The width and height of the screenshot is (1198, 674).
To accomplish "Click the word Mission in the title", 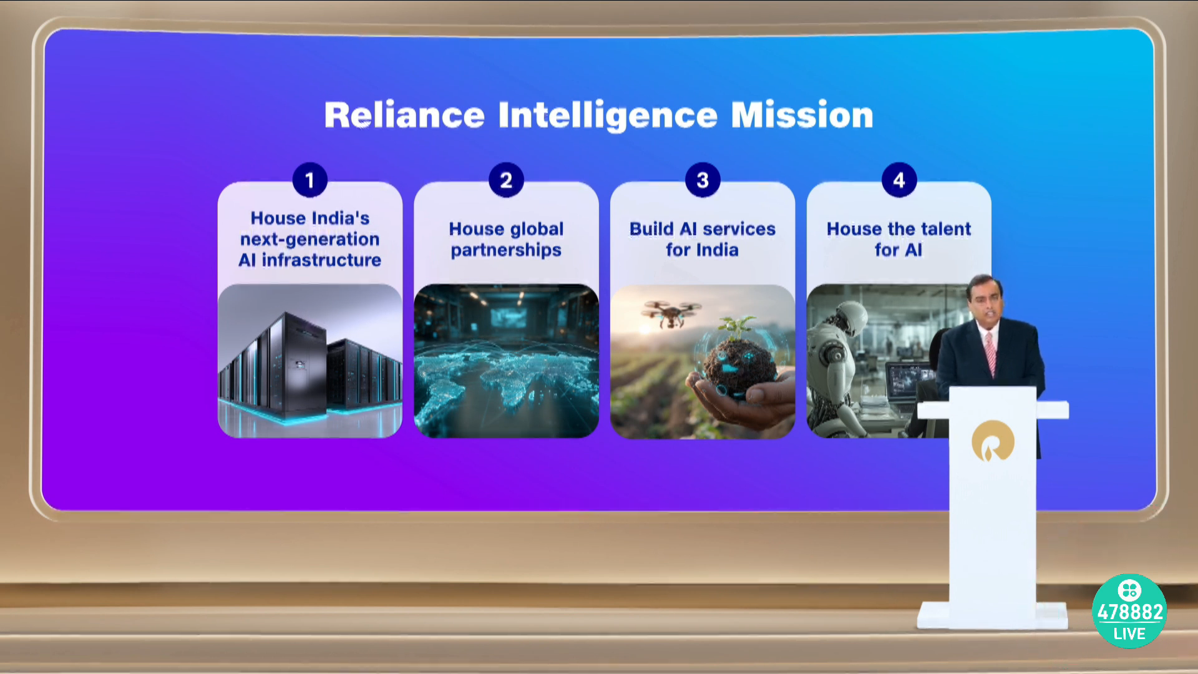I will click(x=802, y=115).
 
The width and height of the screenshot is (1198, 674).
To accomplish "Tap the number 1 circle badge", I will click(x=310, y=180).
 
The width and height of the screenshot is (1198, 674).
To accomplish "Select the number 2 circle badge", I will click(x=506, y=180).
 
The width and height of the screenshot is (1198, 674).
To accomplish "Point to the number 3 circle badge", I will click(x=703, y=180).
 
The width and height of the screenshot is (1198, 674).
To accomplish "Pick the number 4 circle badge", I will click(x=898, y=180).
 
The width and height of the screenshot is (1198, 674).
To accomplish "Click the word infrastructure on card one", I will click(x=321, y=260).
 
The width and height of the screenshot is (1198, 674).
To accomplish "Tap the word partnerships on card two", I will click(x=506, y=250).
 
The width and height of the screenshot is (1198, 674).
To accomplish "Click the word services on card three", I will click(x=739, y=229).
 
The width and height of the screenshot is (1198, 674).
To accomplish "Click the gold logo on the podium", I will click(x=992, y=441).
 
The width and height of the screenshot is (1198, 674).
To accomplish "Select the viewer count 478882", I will click(x=1130, y=612).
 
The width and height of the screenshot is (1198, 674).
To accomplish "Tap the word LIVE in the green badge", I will click(x=1129, y=634).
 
